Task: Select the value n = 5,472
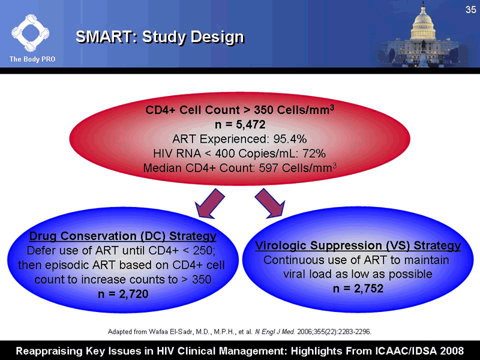(x=240, y=125)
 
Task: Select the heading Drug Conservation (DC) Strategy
(x=123, y=235)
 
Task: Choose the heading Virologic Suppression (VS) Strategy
(x=358, y=246)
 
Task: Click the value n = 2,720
(x=123, y=293)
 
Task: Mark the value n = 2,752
(x=358, y=288)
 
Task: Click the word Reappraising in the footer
(x=51, y=349)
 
